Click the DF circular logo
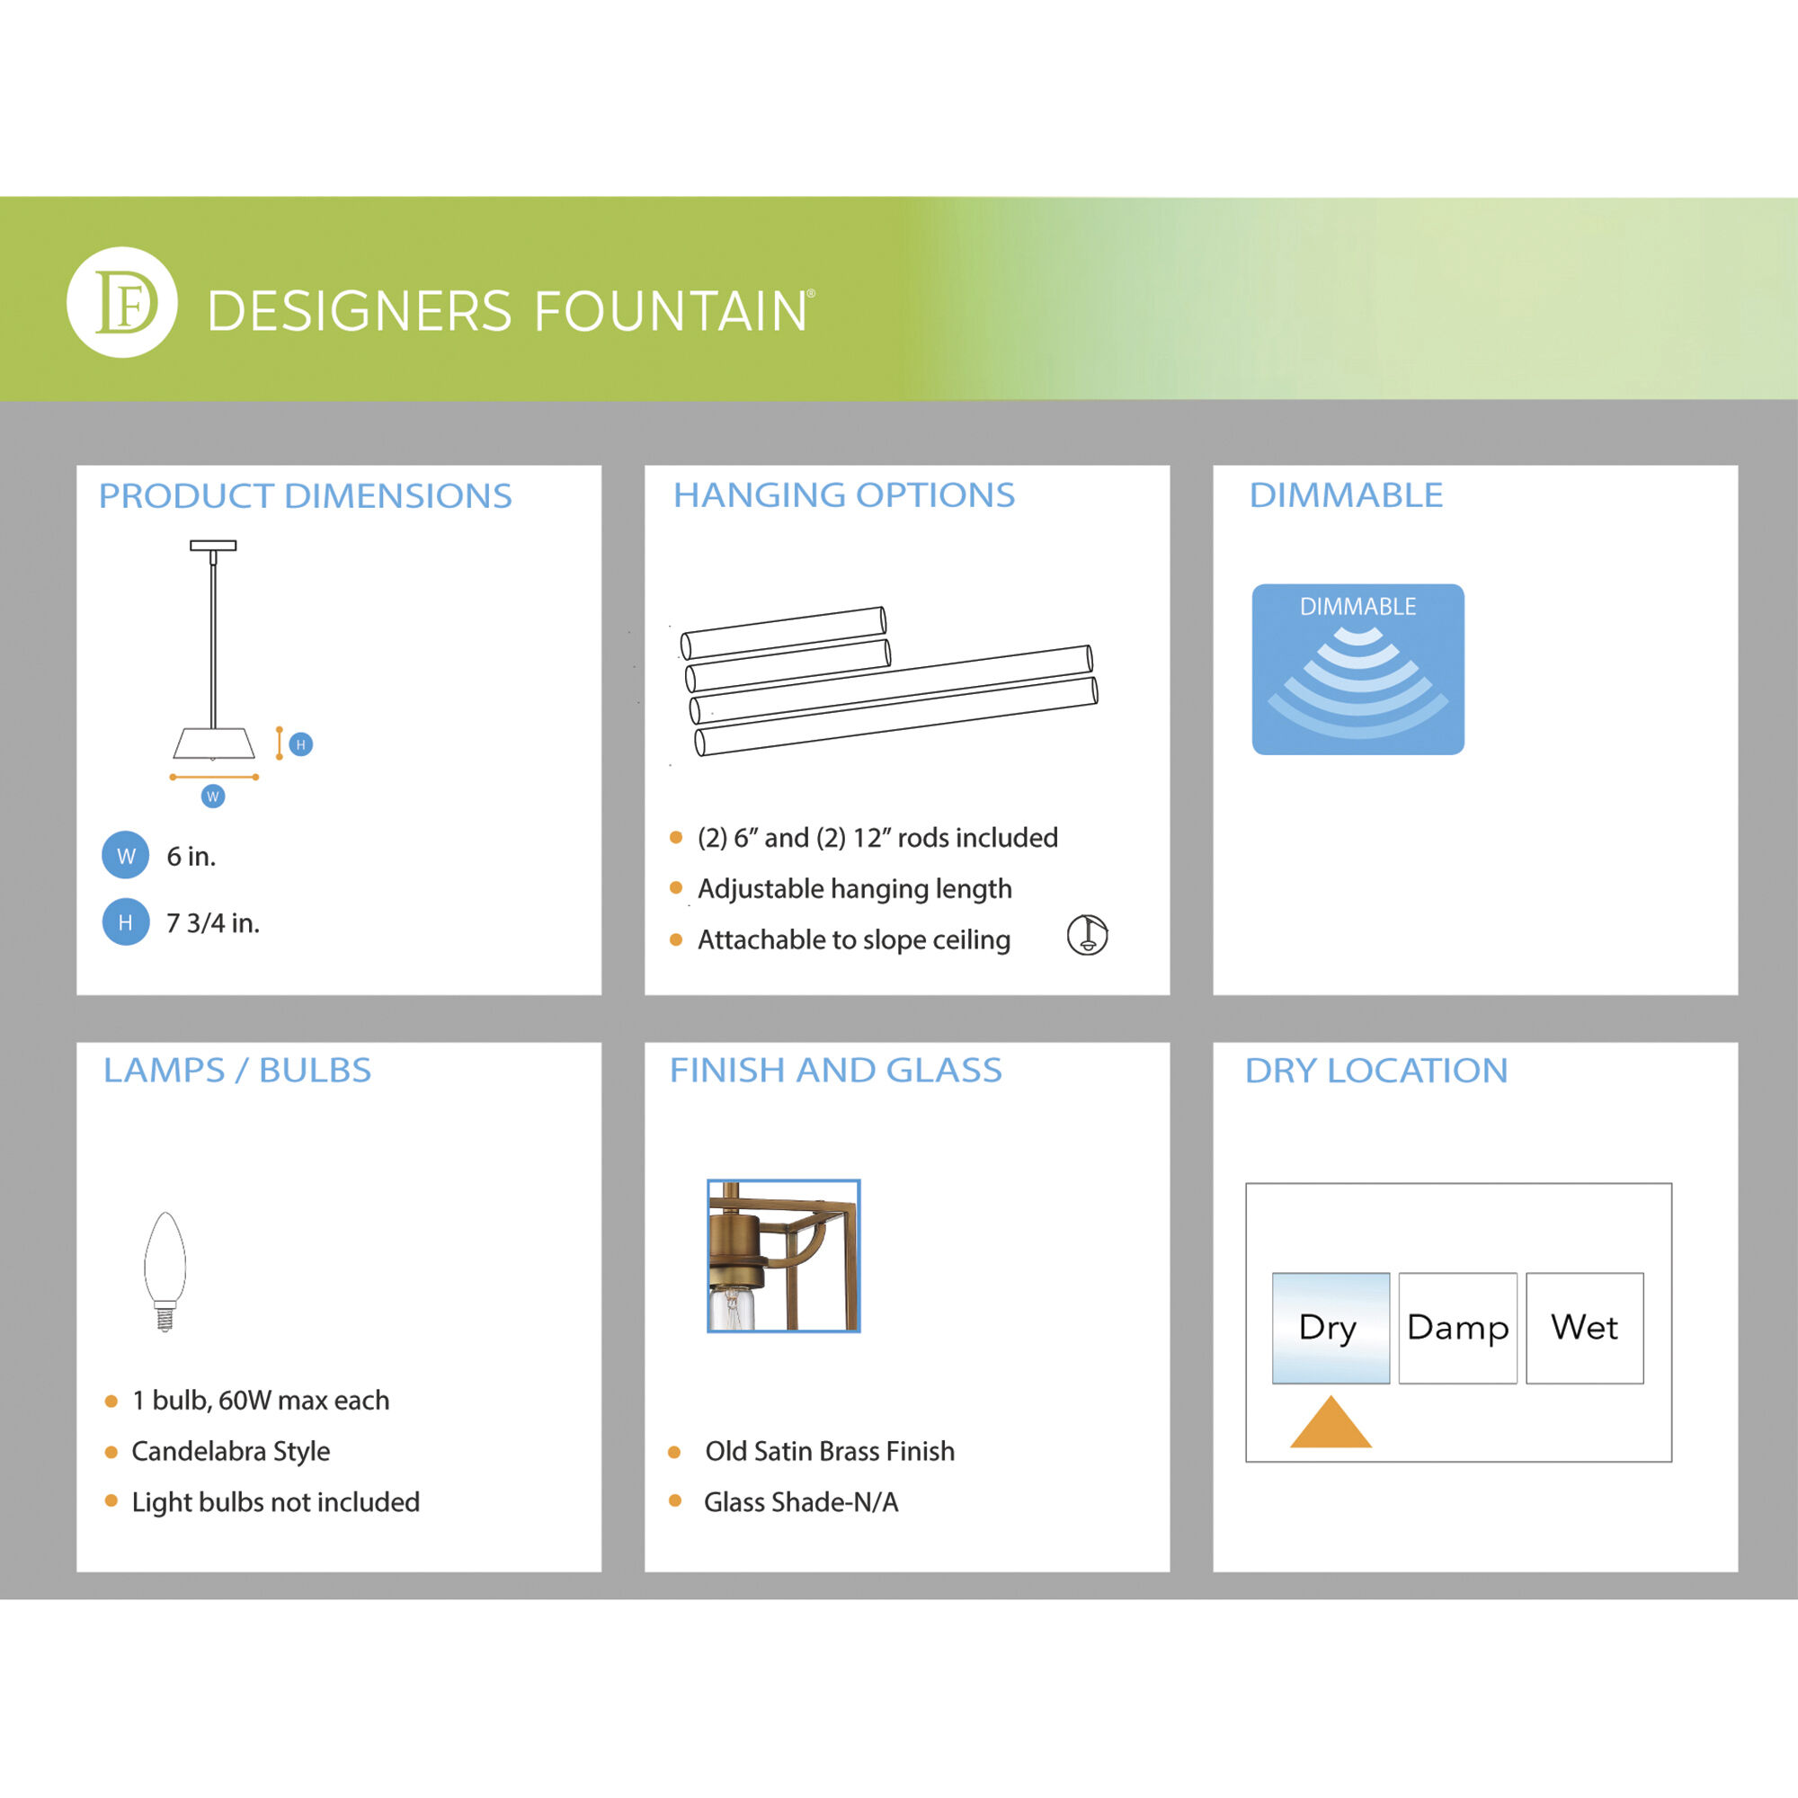[x=122, y=302]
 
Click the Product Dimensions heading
[x=306, y=496]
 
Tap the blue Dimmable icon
[x=1357, y=669]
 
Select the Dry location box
[x=1331, y=1328]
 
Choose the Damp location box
[x=1457, y=1328]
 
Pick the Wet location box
[x=1584, y=1328]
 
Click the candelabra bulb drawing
[x=165, y=1269]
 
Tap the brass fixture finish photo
[x=784, y=1255]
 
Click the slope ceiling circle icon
[x=1087, y=935]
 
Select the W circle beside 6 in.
[x=126, y=855]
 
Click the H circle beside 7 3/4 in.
[x=126, y=922]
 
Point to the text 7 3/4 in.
[x=213, y=923]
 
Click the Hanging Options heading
[x=844, y=495]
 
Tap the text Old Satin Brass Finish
[x=829, y=1451]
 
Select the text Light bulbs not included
[x=275, y=1502]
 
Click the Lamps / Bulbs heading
[x=237, y=1070]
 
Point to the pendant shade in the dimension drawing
[x=213, y=743]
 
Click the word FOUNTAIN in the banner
[x=670, y=311]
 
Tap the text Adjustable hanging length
[x=854, y=889]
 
